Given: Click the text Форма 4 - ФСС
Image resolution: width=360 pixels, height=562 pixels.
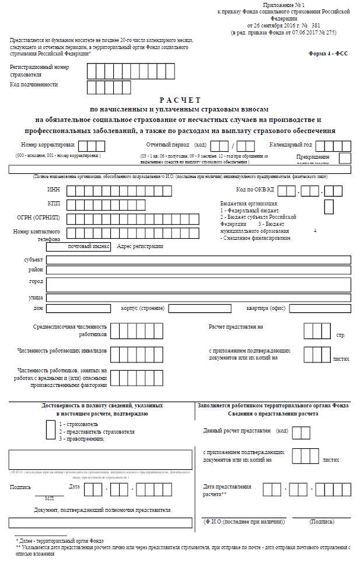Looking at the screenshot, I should click(328, 53).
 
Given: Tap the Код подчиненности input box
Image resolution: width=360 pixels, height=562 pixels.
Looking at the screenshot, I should click(101, 87).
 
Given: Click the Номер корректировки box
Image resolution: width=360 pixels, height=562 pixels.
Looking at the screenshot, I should click(92, 146).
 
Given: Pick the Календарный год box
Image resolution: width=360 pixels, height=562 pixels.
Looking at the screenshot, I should click(334, 146).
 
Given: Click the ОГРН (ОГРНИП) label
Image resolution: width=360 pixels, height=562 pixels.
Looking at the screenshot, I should click(39, 218).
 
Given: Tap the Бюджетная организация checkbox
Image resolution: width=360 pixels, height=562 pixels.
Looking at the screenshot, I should click(329, 206).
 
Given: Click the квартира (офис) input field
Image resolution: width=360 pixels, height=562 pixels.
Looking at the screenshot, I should click(319, 308).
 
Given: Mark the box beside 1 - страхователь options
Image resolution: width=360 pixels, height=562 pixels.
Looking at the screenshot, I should click(51, 428).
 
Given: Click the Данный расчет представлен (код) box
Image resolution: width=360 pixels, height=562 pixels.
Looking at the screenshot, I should click(301, 432).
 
